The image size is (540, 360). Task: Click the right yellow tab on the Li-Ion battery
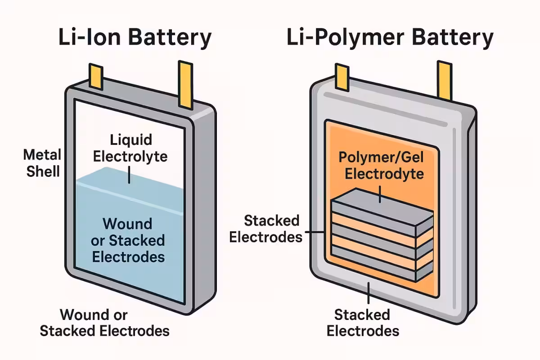(185, 84)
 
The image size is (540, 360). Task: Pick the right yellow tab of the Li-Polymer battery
(445, 81)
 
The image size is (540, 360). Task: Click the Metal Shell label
(42, 163)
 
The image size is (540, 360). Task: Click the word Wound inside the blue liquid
(127, 224)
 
